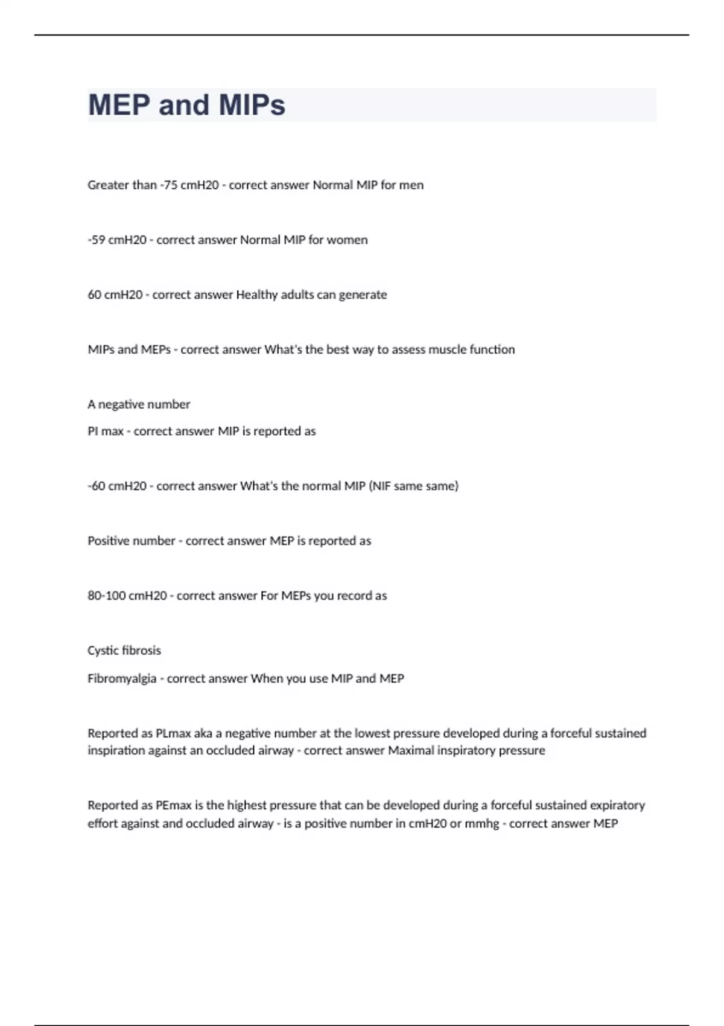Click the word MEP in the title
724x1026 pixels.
tap(119, 105)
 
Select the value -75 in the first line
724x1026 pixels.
tap(168, 185)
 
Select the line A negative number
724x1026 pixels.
tap(139, 404)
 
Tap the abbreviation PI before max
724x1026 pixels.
tap(94, 432)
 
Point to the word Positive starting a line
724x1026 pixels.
tap(109, 541)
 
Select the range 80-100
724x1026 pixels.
tap(106, 596)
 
